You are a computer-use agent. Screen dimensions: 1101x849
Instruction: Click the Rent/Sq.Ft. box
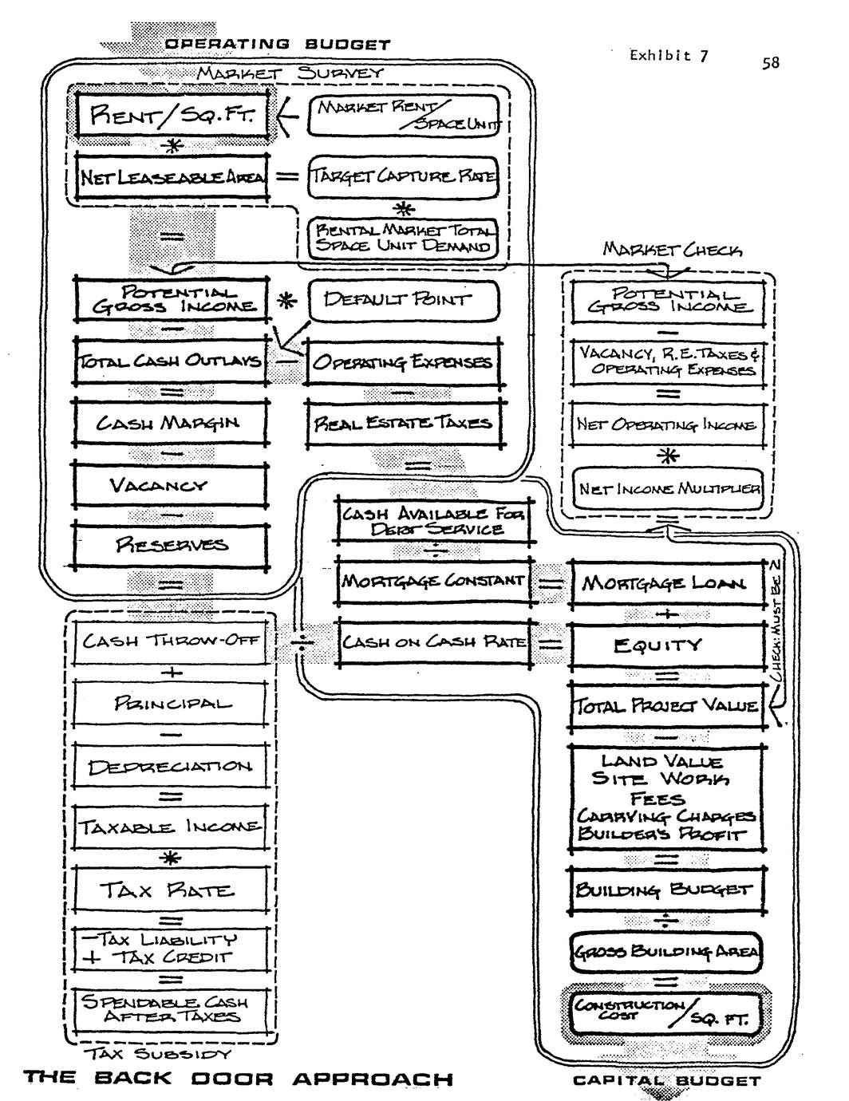point(173,116)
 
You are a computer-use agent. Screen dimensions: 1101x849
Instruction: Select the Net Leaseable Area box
point(172,176)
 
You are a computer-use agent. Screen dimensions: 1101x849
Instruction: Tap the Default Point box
point(403,301)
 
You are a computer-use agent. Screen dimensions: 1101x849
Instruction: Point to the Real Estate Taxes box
point(404,422)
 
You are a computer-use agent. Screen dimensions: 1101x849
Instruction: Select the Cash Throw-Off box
point(171,640)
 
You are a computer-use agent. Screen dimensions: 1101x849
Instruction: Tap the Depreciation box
point(171,767)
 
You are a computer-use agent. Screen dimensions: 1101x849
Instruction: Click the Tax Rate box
point(171,890)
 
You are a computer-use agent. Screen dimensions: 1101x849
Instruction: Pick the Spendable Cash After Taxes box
point(171,1009)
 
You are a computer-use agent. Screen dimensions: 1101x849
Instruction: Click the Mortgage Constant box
point(433,582)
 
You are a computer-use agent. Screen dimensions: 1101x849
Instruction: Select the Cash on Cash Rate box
point(433,642)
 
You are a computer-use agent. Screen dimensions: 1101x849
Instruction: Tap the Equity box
point(666,644)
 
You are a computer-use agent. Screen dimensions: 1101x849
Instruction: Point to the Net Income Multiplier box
point(669,488)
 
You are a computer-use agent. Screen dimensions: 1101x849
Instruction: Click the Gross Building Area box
point(666,951)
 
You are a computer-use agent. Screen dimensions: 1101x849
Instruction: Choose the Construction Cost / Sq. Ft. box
point(666,1013)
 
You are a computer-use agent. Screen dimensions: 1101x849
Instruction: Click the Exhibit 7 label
point(668,55)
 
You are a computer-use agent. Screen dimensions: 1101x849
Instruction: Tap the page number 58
point(770,62)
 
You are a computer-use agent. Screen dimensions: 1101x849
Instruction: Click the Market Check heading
point(673,251)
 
